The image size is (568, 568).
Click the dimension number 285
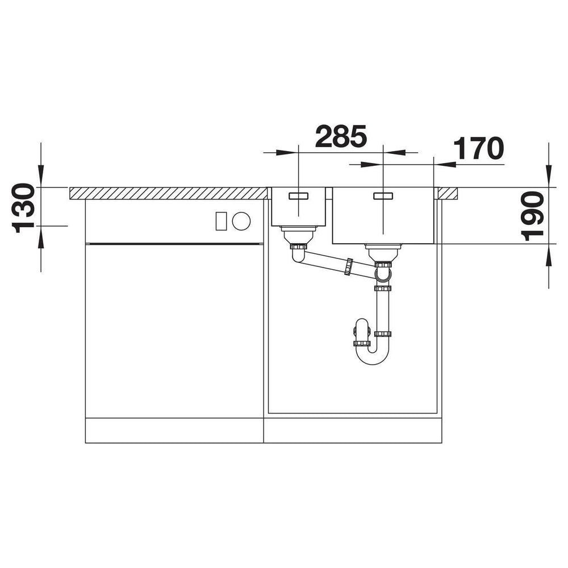[x=341, y=136]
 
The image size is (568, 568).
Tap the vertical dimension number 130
[x=24, y=207]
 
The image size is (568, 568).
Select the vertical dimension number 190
[x=533, y=216]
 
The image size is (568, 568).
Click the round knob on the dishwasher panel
[x=241, y=221]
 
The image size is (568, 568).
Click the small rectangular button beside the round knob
[x=222, y=221]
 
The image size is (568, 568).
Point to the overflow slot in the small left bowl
[x=299, y=196]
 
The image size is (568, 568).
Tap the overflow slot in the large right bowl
[x=383, y=196]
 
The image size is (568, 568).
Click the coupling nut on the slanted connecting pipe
[x=349, y=267]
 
